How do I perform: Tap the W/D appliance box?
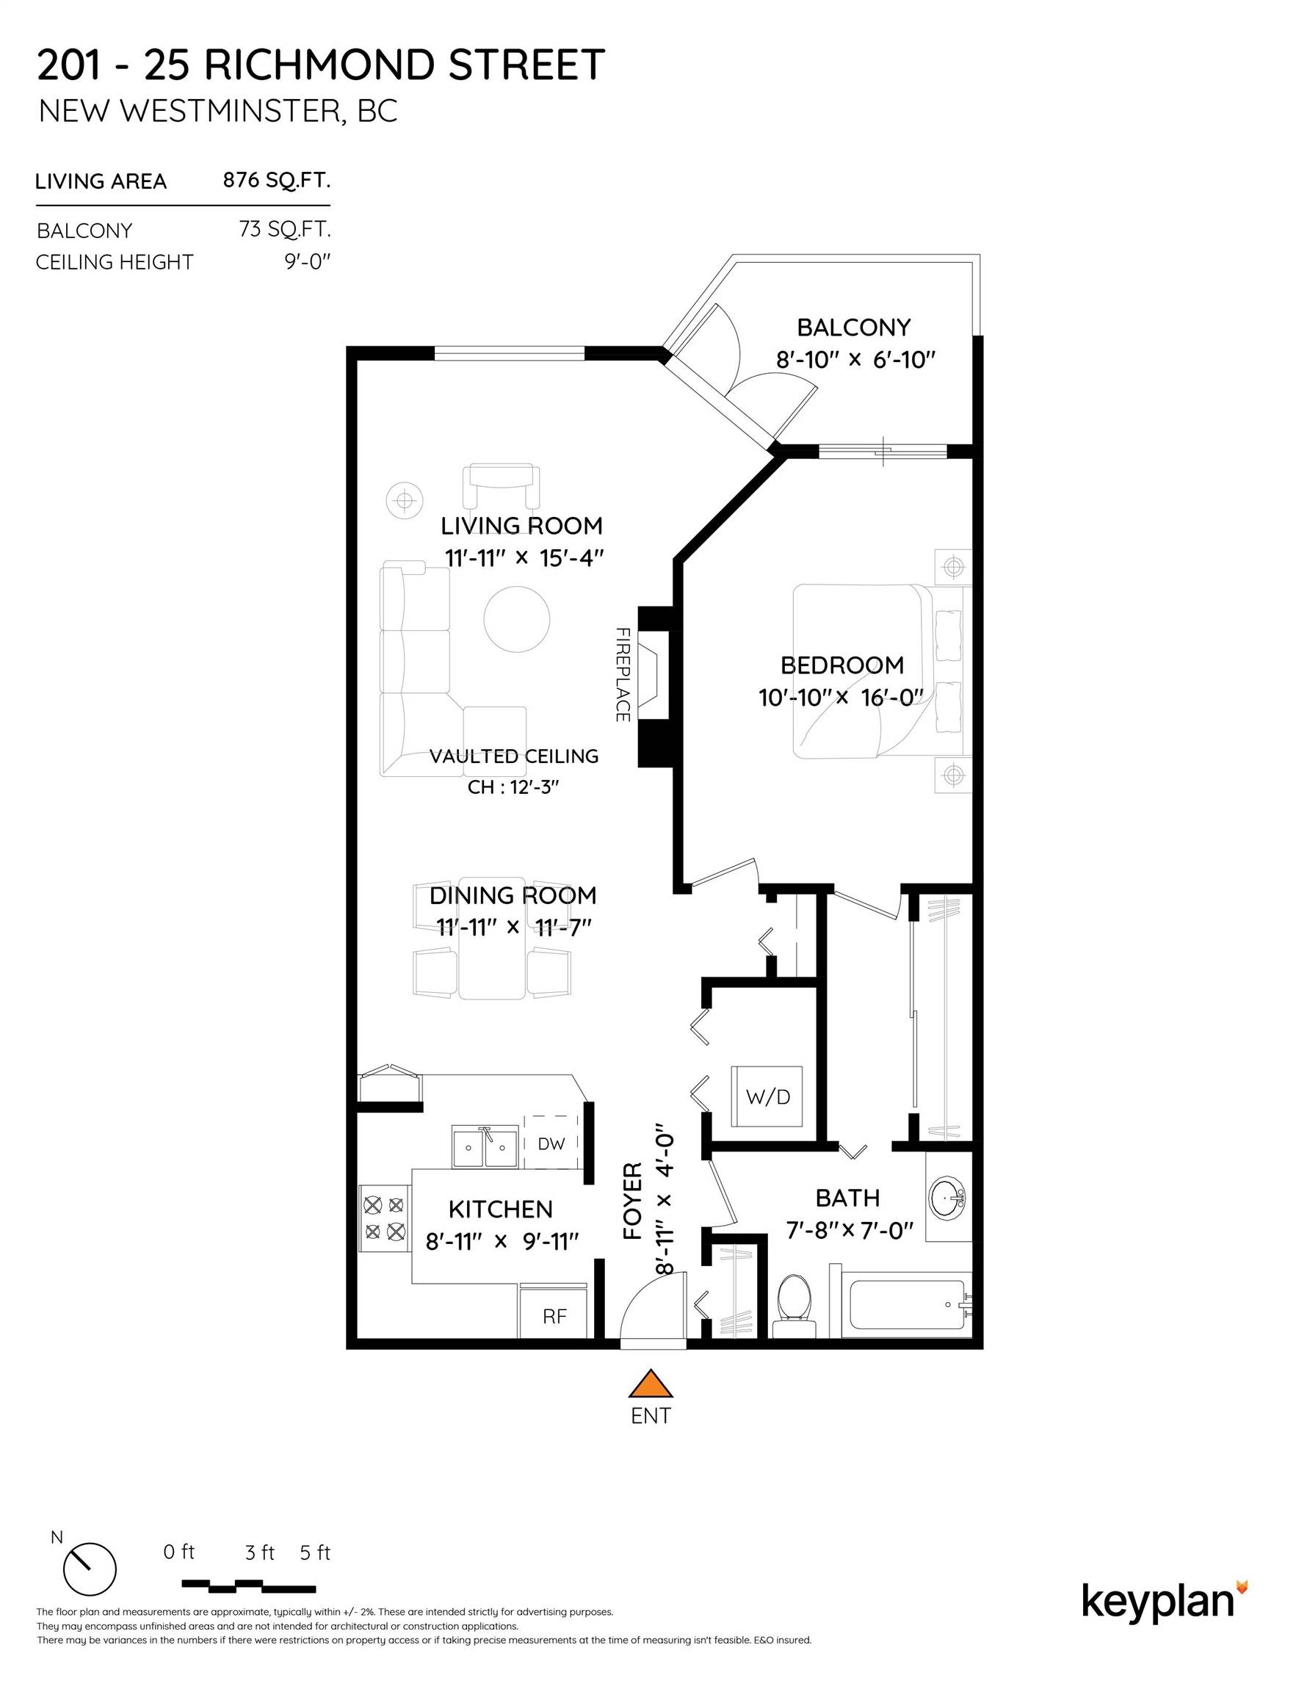click(767, 1097)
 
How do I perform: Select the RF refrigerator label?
click(554, 1316)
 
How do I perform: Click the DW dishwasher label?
click(551, 1143)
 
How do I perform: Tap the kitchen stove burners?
click(384, 1217)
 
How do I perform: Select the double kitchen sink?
click(485, 1147)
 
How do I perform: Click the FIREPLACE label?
click(622, 674)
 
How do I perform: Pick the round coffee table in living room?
click(517, 618)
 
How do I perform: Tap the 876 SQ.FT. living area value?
click(277, 181)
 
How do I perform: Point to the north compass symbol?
click(89, 1569)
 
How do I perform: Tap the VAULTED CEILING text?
click(514, 756)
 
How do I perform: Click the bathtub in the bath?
click(906, 1304)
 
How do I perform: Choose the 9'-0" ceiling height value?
click(307, 262)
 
